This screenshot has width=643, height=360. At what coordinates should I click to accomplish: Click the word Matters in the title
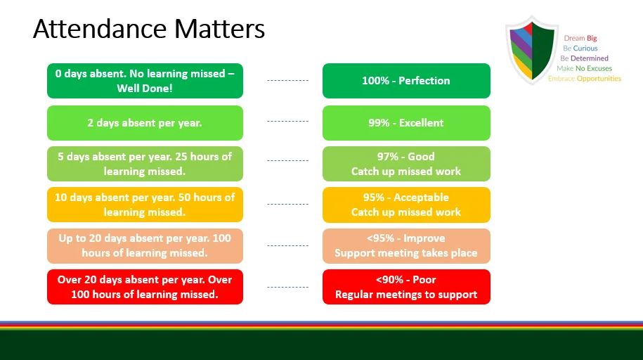220,29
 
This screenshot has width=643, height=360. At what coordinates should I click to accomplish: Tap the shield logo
532,50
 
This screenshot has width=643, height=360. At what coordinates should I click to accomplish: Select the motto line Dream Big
580,38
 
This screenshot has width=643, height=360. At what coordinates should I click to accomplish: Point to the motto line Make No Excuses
585,68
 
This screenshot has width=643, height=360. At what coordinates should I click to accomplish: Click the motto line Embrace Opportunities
585,79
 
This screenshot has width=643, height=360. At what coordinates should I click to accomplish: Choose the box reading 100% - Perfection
406,81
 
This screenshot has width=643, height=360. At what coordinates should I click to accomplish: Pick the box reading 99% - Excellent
406,123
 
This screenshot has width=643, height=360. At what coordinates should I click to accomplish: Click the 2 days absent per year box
145,123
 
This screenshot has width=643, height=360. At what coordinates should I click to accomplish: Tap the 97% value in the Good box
388,156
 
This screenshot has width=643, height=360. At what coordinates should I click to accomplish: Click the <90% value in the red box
389,280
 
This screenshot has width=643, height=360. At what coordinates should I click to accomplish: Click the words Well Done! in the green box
145,89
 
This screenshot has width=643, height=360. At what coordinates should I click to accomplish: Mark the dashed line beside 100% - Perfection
288,81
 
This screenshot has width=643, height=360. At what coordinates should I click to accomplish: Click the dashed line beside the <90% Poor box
288,288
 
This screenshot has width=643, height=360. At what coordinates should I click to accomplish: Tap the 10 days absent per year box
145,205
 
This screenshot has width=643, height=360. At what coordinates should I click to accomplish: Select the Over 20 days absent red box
145,287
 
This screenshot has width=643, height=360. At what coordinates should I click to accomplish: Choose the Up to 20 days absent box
145,246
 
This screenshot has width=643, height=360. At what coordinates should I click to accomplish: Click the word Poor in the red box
424,280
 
